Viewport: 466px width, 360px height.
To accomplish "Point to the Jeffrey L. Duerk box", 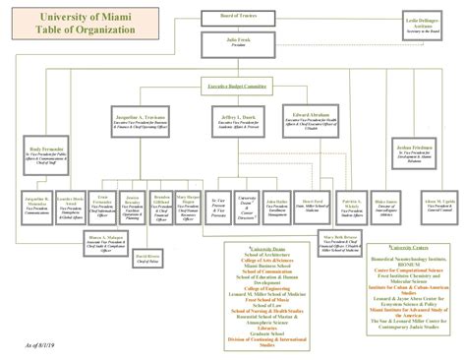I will (232, 119).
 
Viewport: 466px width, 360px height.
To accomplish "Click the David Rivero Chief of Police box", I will (146, 259).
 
